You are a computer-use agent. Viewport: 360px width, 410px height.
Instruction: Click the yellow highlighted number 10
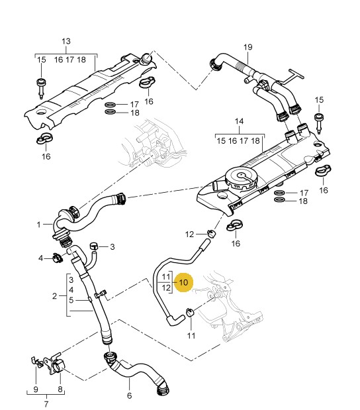pyautogui.click(x=184, y=282)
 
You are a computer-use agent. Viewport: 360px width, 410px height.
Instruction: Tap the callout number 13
pyautogui.click(x=66, y=41)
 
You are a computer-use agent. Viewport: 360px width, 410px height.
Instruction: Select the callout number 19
pyautogui.click(x=248, y=47)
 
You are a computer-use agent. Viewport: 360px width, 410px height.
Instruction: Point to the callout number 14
pyautogui.click(x=239, y=121)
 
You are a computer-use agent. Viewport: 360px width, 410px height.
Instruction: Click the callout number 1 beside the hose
pyautogui.click(x=38, y=225)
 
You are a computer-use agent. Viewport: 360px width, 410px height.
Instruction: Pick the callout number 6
pyautogui.click(x=129, y=395)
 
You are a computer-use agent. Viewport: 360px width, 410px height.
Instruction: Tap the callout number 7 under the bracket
pyautogui.click(x=46, y=404)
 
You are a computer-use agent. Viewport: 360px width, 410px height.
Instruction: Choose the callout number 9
pyautogui.click(x=36, y=389)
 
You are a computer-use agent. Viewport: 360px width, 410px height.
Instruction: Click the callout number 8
pyautogui.click(x=60, y=389)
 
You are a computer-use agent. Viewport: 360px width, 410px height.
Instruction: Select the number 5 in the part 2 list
pyautogui.click(x=71, y=300)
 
